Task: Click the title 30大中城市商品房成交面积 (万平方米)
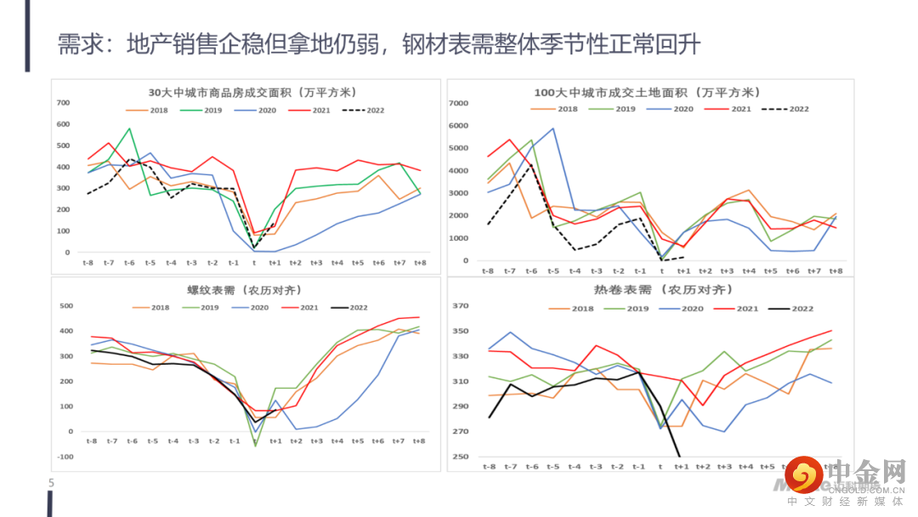click(x=252, y=93)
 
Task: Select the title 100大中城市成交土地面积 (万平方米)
click(x=648, y=93)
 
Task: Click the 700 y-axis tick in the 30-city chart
click(x=64, y=103)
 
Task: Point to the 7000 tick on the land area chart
click(x=459, y=103)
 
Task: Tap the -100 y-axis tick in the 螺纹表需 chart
click(x=65, y=457)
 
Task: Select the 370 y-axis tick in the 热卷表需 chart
click(x=462, y=305)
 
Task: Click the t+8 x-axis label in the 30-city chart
click(x=419, y=263)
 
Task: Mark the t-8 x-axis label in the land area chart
click(x=488, y=270)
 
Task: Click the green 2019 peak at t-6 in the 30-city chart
click(x=129, y=129)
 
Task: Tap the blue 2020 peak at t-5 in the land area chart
click(x=552, y=129)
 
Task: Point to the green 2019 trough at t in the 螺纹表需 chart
click(x=256, y=445)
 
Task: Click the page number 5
click(x=51, y=483)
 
